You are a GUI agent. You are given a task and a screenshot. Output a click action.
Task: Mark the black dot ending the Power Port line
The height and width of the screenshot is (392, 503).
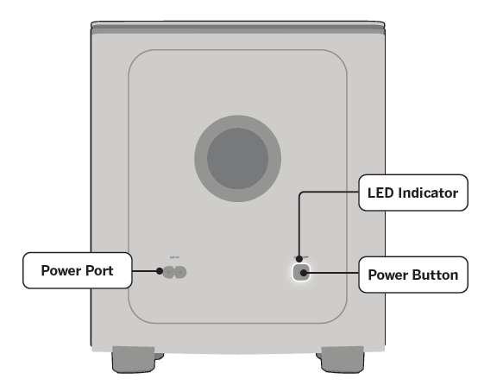160,272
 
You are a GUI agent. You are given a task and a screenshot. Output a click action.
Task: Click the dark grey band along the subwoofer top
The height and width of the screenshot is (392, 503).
251,29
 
